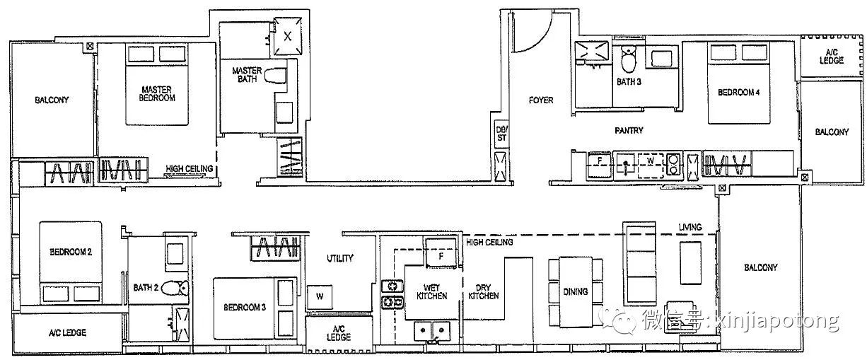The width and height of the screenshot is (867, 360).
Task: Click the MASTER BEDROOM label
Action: tap(157, 94)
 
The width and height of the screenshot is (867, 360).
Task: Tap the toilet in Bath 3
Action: tap(628, 59)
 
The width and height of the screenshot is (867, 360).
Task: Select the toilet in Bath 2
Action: tap(175, 288)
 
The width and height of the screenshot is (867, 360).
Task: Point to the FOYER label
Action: tap(541, 100)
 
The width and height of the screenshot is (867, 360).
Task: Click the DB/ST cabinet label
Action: tap(501, 134)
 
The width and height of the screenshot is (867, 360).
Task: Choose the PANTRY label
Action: tap(629, 130)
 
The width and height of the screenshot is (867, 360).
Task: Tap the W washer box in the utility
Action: tap(320, 297)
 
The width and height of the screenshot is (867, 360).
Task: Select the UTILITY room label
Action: tap(340, 258)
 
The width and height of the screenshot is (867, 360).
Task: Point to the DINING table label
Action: tap(575, 291)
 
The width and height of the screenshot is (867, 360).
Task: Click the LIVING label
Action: tap(690, 227)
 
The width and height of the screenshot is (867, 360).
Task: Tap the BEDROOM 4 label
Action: tap(738, 93)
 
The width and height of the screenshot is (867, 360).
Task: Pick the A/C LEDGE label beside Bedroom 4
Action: tap(832, 57)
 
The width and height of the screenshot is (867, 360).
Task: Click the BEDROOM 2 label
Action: tap(71, 252)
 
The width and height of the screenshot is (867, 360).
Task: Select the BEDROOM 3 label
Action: tap(245, 308)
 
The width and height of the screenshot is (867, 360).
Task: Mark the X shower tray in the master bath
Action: tap(288, 36)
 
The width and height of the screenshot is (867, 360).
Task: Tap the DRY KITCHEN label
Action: tap(484, 292)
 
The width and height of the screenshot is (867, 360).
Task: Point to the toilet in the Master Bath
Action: tap(275, 76)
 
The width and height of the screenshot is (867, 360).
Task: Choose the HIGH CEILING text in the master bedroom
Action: tap(190, 168)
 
